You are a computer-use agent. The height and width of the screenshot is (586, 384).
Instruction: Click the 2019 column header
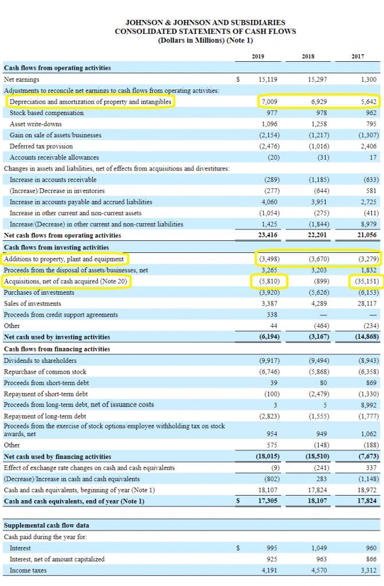click(x=258, y=56)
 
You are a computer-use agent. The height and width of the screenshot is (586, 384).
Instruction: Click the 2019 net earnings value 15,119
click(x=268, y=80)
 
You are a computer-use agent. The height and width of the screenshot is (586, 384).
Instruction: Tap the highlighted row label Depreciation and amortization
click(x=90, y=102)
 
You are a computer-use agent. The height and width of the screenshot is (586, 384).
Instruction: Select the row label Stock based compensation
click(x=46, y=113)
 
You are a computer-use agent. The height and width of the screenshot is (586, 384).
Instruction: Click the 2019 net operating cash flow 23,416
click(x=268, y=235)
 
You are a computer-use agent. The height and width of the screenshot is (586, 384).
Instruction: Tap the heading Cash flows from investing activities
click(x=57, y=247)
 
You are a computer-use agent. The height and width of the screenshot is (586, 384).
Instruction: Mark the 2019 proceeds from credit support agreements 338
click(x=272, y=315)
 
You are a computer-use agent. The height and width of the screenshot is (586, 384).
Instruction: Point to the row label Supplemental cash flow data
click(x=46, y=525)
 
